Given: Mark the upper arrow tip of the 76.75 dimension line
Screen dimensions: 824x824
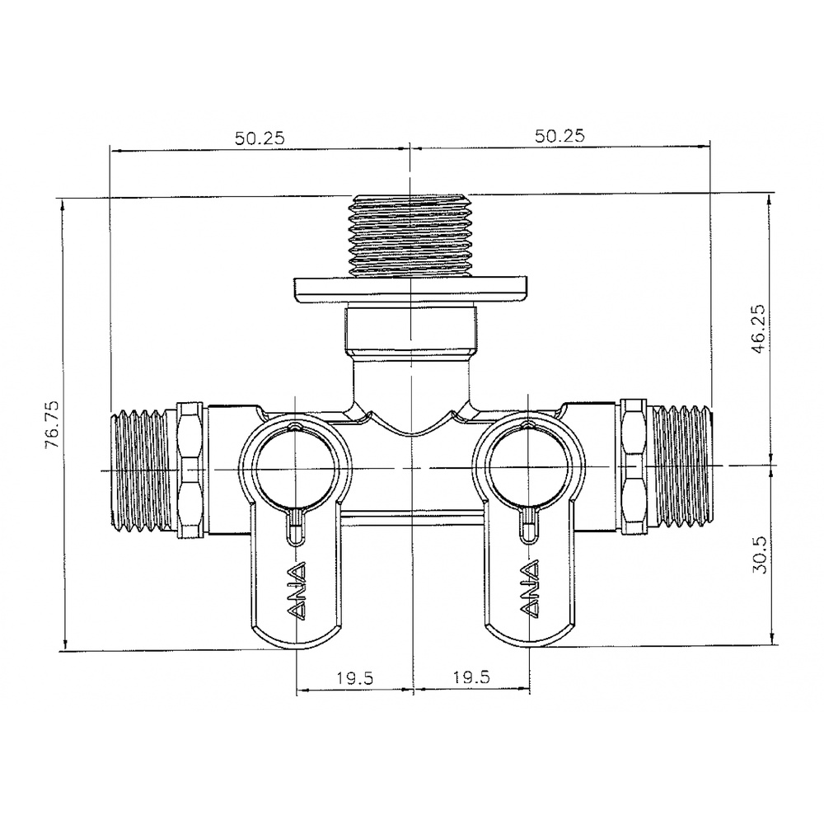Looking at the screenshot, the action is point(63,200).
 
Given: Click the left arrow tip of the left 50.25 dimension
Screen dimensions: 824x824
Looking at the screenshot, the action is point(111,151).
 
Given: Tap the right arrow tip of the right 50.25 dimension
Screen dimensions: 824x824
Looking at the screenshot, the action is point(709,148).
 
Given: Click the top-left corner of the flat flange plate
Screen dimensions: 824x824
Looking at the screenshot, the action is point(294,279).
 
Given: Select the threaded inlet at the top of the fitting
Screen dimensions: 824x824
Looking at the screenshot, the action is point(410,236).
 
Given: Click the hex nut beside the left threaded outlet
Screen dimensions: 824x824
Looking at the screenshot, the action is point(190,470).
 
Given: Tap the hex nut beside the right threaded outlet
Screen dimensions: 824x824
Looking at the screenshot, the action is point(633,466).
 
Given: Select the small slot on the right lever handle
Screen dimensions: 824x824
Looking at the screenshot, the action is point(529,526).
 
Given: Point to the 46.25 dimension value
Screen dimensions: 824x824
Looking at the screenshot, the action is point(758,329).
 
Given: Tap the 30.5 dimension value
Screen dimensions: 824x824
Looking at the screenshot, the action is point(760,555).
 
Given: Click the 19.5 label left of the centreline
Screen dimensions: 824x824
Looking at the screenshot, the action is point(354,678).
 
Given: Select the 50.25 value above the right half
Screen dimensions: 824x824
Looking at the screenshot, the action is point(559,136).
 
